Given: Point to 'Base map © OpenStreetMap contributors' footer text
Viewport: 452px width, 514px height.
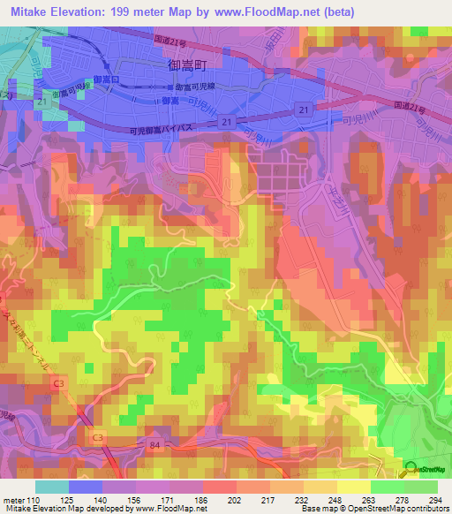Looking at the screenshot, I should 372,509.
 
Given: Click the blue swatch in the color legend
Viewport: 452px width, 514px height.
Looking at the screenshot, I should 86,487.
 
